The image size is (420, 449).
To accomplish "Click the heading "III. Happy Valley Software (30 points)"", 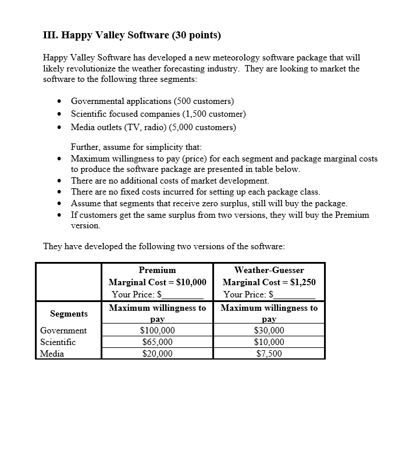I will coord(132,35).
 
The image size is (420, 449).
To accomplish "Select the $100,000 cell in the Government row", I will coord(157,331).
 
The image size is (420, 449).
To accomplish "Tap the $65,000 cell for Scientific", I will coord(157,342).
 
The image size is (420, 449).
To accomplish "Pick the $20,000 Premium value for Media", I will coord(157,353).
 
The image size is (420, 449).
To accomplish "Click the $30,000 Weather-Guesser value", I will coord(269,331).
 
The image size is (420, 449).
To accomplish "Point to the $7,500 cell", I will coord(269,353).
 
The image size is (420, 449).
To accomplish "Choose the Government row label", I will coord(63,331).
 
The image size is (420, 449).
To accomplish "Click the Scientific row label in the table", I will coord(58,342).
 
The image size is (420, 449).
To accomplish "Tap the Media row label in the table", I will coord(52,353).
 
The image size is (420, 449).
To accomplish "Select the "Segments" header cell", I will coord(69,314).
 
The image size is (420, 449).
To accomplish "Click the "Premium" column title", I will coord(157,270).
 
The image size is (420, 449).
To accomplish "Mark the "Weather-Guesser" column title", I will coord(269,270).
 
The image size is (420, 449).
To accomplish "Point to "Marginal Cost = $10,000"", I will coord(157,282).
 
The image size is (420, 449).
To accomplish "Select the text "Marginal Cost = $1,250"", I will coord(269,282).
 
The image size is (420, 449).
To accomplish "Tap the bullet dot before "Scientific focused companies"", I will coord(60,114).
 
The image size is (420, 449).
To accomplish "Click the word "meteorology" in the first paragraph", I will coord(228,58).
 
